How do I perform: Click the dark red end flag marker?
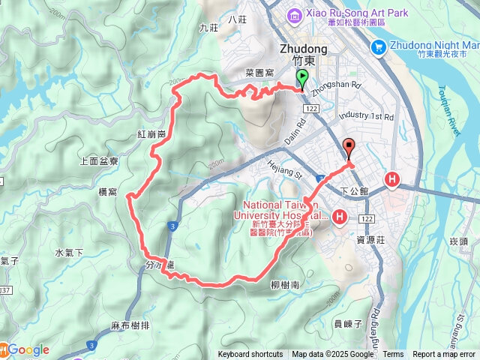coord(349,148)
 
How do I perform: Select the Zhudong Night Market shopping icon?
coord(379,47)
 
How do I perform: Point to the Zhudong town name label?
coord(303,48)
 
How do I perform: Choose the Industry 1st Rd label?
coord(365,117)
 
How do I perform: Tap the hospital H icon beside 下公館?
coord(392,179)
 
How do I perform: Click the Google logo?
coord(28,350)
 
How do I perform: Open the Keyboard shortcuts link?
coord(250,355)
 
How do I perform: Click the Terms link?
coord(393,355)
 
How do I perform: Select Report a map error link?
coord(444,355)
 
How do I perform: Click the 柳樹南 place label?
coord(285,286)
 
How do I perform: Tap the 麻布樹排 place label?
coord(130,325)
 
